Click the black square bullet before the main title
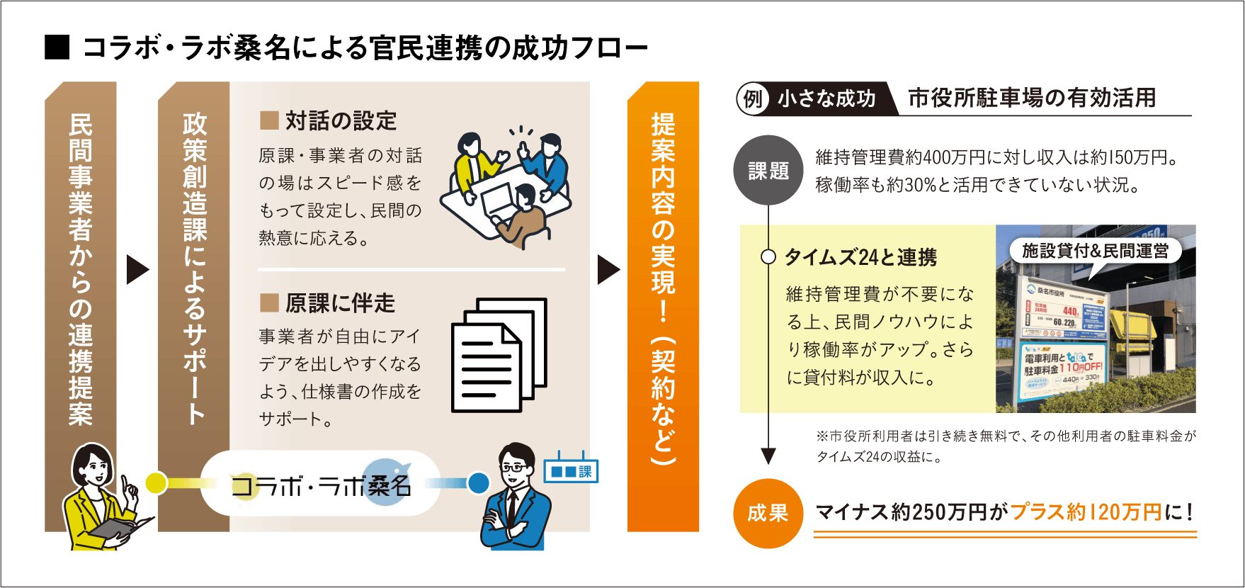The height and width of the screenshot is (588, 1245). pyautogui.click(x=57, y=47)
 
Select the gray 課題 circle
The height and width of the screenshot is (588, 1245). pyautogui.click(x=768, y=171)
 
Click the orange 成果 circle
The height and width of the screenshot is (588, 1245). pyautogui.click(x=768, y=513)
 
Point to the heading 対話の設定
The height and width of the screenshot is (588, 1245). pyautogui.click(x=341, y=121)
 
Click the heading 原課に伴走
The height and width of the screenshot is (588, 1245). pyautogui.click(x=340, y=303)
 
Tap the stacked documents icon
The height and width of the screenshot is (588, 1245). pyautogui.click(x=499, y=354)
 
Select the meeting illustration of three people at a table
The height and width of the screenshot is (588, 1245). pyautogui.click(x=504, y=186)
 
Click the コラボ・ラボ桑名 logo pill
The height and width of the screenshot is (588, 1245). pyautogui.click(x=320, y=484)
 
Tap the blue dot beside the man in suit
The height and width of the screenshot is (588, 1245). pyautogui.click(x=479, y=483)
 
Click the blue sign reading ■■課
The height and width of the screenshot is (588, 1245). pyautogui.click(x=571, y=471)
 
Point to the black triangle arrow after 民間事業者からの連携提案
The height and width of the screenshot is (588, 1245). pyautogui.click(x=137, y=269)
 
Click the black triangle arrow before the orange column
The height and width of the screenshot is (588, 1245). pyautogui.click(x=608, y=269)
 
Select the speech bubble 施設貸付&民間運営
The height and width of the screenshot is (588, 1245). pyautogui.click(x=1095, y=251)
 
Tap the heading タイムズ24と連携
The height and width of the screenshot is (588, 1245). pyautogui.click(x=860, y=257)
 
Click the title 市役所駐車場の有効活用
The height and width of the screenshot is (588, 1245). pyautogui.click(x=1031, y=98)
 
